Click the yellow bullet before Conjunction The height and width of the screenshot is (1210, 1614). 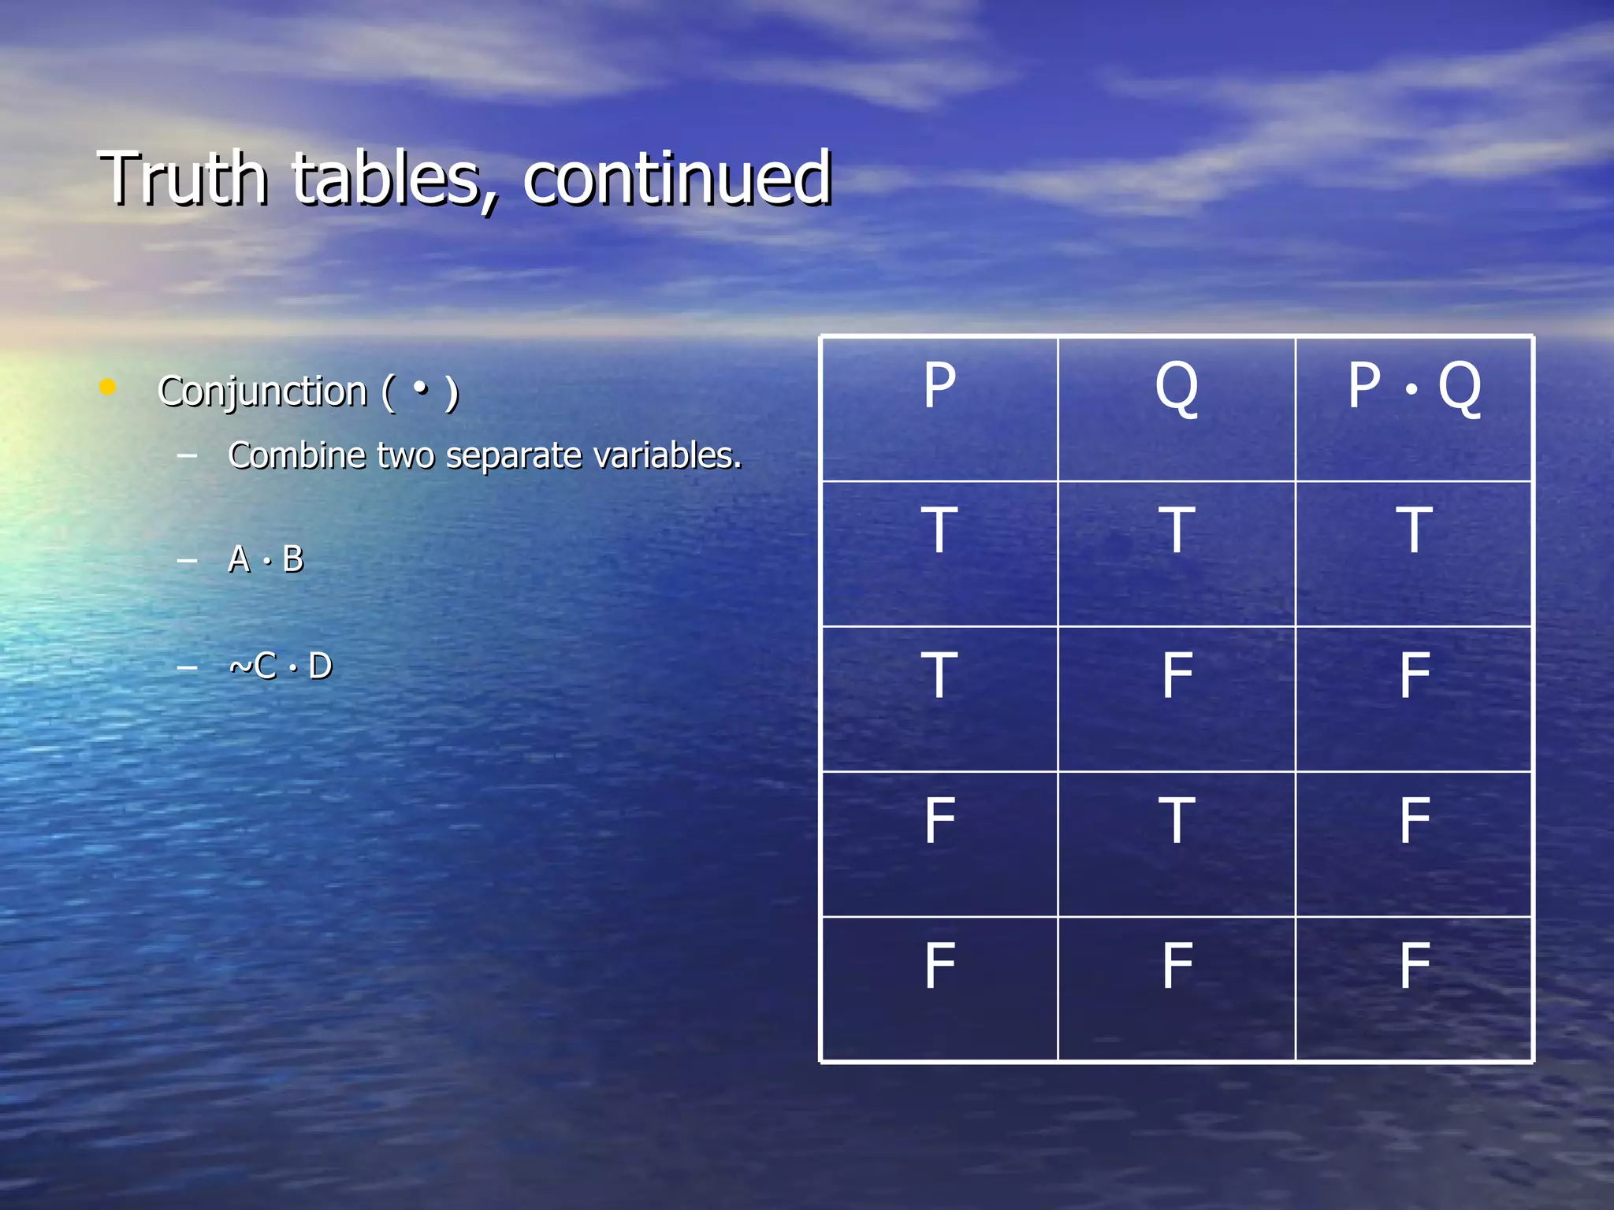point(108,387)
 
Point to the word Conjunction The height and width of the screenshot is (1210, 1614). point(262,392)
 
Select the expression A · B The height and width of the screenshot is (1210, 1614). point(266,559)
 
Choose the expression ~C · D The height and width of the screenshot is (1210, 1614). point(281,666)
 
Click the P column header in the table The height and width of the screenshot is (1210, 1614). point(939,386)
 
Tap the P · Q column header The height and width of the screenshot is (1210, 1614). point(1414,386)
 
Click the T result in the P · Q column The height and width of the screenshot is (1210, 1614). point(1414,531)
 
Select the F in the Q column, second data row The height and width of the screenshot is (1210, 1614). point(1177,676)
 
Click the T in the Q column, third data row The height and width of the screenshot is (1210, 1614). point(1177,821)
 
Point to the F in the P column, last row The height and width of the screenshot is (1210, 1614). point(939,966)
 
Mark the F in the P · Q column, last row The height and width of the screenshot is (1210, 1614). point(1414,966)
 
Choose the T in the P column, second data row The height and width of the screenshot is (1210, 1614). point(939,676)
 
